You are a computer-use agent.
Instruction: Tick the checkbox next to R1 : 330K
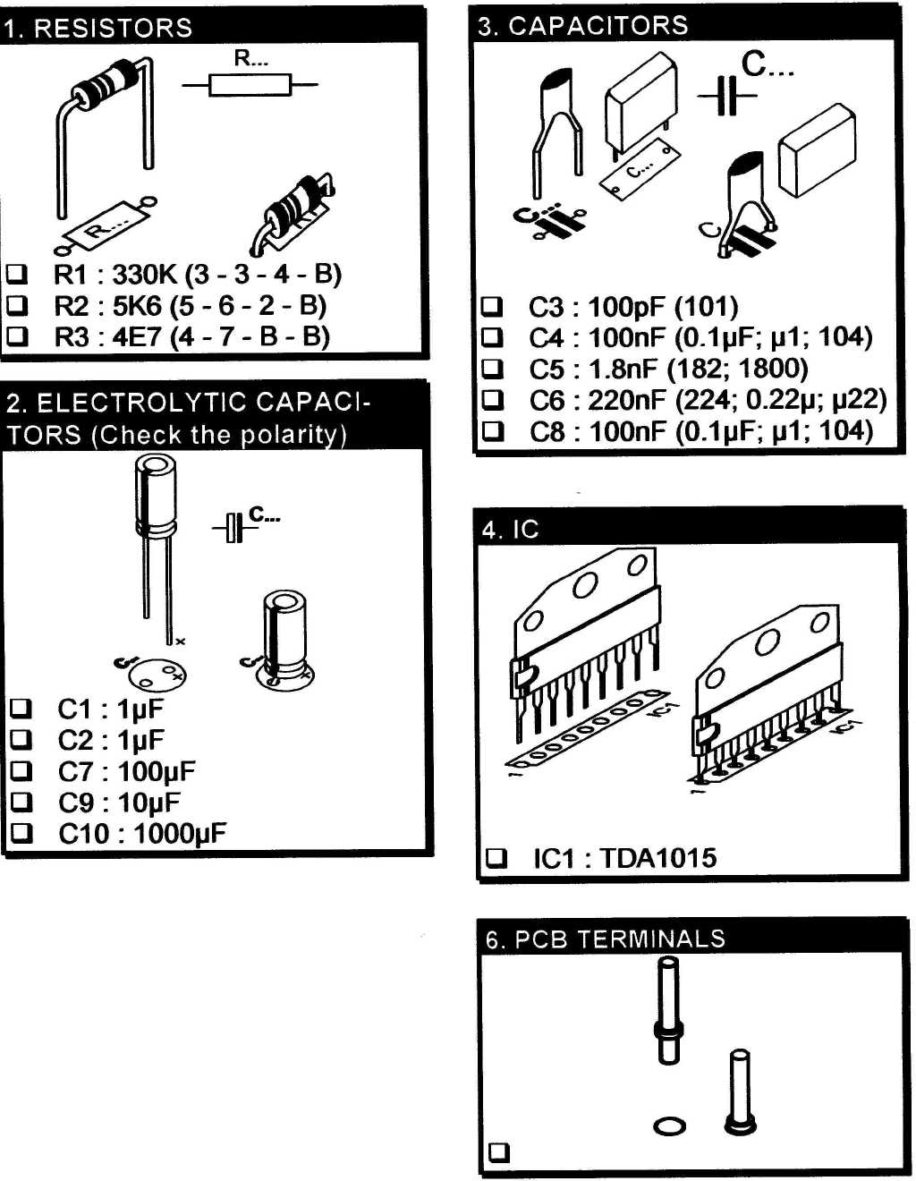pyautogui.click(x=17, y=274)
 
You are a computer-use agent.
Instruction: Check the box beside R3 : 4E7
pyautogui.click(x=17, y=336)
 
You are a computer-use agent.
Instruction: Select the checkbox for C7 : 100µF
pyautogui.click(x=21, y=771)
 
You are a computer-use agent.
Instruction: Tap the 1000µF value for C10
pyautogui.click(x=179, y=834)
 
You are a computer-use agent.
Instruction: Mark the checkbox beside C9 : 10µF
pyautogui.click(x=21, y=802)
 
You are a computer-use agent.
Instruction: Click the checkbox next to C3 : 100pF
pyautogui.click(x=492, y=307)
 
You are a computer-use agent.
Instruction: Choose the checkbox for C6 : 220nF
pyautogui.click(x=492, y=400)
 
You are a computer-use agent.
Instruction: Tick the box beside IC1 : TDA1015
pyautogui.click(x=496, y=858)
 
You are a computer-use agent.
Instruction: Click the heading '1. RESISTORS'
pyautogui.click(x=98, y=28)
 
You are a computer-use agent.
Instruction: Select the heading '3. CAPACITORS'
pyautogui.click(x=583, y=26)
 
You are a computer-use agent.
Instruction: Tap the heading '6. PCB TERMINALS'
pyautogui.click(x=605, y=939)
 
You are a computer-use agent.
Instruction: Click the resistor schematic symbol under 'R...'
pyautogui.click(x=250, y=85)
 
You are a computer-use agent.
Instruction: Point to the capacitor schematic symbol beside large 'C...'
pyautogui.click(x=727, y=96)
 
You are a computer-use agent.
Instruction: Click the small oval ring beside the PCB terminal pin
pyautogui.click(x=669, y=1126)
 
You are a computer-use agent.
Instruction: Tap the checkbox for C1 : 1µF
pyautogui.click(x=21, y=709)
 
